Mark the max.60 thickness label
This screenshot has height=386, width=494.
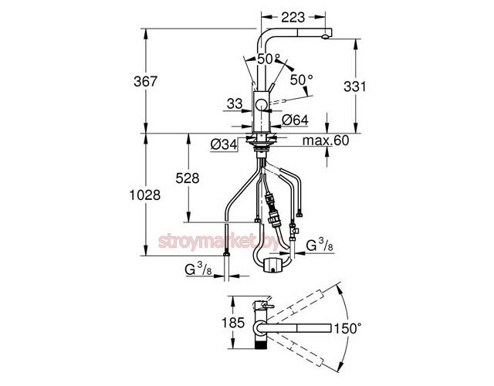tap(327, 140)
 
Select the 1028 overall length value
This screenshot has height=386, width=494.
tap(145, 195)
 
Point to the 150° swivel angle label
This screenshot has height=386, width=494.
tap(348, 328)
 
